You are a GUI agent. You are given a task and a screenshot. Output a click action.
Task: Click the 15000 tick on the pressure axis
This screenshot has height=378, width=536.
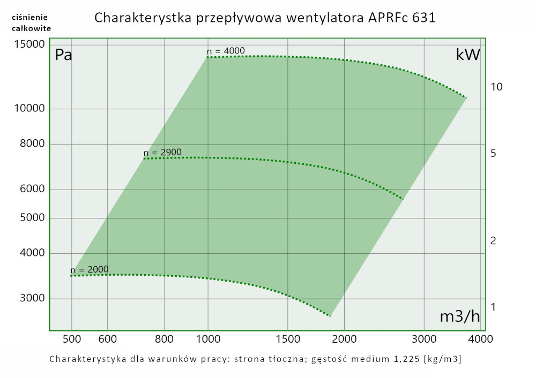pos(29,44)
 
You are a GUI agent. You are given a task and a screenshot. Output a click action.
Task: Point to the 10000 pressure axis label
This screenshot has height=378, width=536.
pos(29,109)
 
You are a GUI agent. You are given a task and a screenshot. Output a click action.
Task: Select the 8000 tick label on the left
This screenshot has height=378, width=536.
pos(32,144)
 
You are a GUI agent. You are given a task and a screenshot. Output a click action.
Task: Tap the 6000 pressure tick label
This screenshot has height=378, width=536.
pos(32,190)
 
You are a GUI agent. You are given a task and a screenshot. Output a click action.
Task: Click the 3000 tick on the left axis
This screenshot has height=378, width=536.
pos(32,299)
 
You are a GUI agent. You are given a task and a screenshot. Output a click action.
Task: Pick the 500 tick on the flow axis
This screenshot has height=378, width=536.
pos(71,338)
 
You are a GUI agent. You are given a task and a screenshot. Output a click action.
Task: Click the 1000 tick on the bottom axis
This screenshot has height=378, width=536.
pos(208,338)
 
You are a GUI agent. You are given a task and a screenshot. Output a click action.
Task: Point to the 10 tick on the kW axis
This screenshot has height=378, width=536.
pos(496,87)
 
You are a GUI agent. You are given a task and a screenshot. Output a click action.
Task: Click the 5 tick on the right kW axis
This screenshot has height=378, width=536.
pos(493,154)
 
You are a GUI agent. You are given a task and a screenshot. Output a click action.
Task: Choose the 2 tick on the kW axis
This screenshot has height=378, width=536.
pos(493,241)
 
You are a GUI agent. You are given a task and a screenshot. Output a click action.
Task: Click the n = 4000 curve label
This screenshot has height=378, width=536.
pos(226,51)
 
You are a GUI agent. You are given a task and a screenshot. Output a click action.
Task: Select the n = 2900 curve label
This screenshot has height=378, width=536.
pos(162,152)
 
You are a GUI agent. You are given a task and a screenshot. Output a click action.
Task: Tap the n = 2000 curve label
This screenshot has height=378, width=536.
pos(90,269)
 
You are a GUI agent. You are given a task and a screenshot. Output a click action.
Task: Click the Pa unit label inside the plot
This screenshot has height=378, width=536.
pos(63,55)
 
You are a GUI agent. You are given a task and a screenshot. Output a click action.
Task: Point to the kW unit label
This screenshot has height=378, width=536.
pos(467,55)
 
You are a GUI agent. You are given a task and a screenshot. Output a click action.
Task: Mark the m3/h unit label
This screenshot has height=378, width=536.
pos(459,316)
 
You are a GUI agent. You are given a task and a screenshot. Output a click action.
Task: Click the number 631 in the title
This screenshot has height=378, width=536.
pos(424,18)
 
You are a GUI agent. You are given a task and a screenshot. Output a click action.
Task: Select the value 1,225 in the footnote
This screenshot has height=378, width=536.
pos(405,358)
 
